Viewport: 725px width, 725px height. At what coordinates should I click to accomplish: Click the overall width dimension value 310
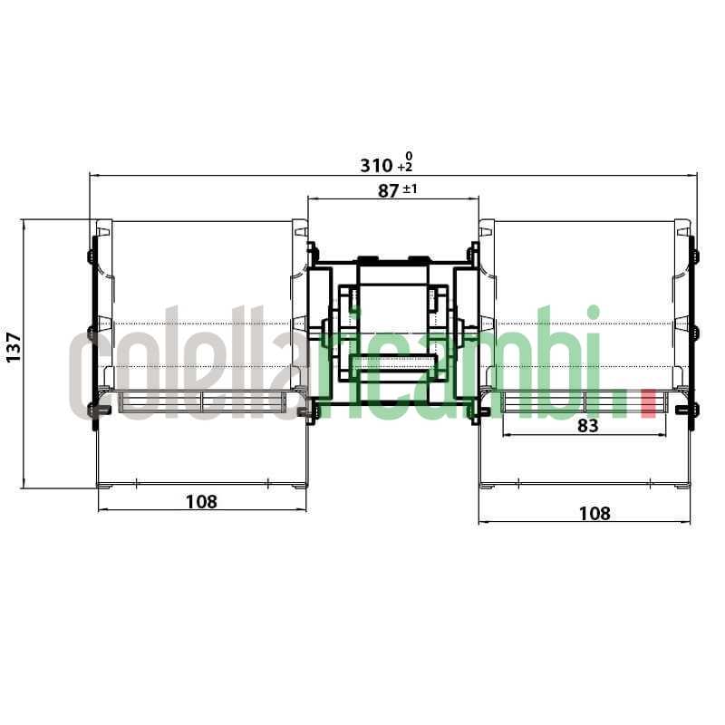376,166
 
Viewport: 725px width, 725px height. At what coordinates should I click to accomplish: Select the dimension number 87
386,191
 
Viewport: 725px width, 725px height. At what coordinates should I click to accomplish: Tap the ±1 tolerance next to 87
410,190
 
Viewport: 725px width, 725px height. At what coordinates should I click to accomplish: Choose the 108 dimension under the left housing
201,501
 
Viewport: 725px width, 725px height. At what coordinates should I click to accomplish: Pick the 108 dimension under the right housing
594,513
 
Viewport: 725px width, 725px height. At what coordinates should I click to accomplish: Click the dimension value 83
587,425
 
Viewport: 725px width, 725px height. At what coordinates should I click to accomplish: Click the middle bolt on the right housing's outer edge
694,333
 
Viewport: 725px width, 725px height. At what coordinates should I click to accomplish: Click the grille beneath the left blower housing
201,400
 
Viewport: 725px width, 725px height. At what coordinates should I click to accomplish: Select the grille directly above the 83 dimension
586,400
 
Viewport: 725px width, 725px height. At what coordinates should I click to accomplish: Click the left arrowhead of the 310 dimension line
92,176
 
